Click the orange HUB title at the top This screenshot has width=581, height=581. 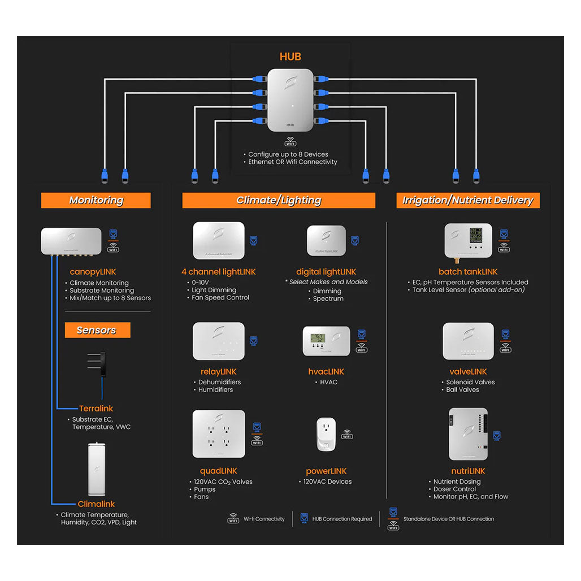(x=290, y=57)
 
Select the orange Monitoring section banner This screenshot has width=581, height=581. (x=96, y=200)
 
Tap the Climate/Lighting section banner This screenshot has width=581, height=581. (x=279, y=200)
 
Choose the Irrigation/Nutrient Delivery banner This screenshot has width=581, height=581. (x=467, y=200)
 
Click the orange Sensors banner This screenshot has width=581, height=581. (x=96, y=330)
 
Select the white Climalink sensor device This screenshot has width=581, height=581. (x=97, y=469)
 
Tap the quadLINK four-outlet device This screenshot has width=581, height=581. (x=219, y=434)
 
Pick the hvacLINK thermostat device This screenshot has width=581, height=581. (x=326, y=341)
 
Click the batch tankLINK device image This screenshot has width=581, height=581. (x=468, y=242)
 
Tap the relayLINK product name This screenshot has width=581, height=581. (x=218, y=372)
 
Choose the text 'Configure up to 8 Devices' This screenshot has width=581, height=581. (x=288, y=154)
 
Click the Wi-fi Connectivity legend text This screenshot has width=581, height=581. (x=264, y=519)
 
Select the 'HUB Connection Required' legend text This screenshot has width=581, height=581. (x=342, y=519)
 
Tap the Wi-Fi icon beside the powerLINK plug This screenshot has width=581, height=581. (x=346, y=434)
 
